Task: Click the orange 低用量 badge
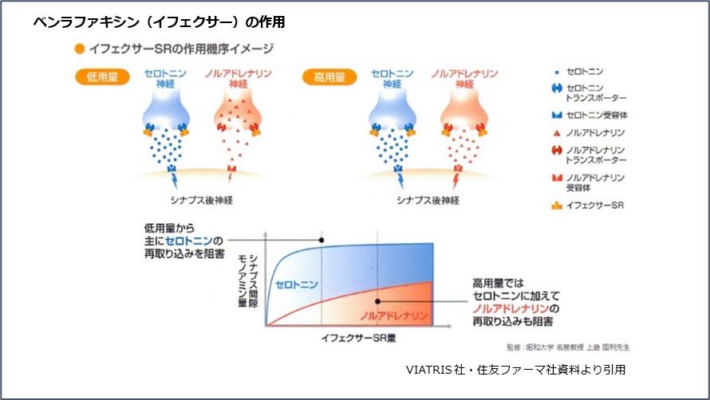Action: click(102, 77)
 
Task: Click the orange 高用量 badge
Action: click(329, 77)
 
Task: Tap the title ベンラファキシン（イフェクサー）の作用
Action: click(159, 22)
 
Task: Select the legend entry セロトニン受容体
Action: click(590, 115)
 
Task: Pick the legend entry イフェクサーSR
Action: click(587, 206)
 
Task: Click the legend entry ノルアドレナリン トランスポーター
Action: click(589, 155)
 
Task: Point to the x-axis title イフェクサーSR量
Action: click(359, 338)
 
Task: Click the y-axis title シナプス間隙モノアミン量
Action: click(247, 281)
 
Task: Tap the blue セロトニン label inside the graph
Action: click(297, 284)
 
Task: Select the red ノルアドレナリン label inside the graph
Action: click(394, 316)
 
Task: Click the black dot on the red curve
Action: click(377, 301)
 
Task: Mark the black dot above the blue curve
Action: click(321, 240)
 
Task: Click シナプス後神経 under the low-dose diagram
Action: click(202, 200)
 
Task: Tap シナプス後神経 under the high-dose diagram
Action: click(428, 200)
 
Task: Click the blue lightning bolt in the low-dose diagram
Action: click(175, 181)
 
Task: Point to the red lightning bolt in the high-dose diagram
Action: click(456, 181)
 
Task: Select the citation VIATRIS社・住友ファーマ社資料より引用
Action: click(515, 370)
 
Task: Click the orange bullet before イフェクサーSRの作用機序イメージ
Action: click(80, 49)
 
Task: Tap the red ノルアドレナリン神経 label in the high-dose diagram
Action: click(464, 78)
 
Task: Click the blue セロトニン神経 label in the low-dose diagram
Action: click(165, 78)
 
